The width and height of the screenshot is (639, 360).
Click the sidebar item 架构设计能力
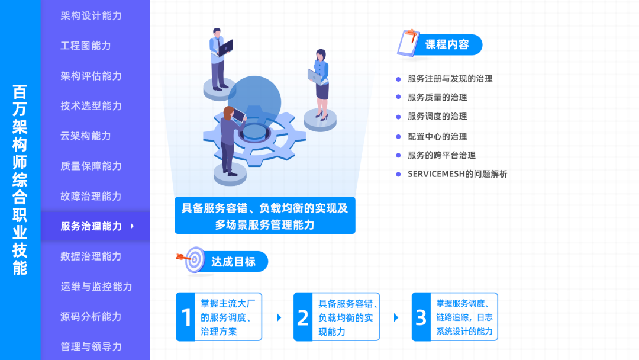91,15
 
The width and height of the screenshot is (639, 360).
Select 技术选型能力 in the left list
91,106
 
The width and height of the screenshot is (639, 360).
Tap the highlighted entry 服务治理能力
91,226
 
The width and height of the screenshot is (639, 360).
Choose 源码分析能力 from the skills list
91,317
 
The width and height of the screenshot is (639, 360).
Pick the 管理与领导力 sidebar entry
91,346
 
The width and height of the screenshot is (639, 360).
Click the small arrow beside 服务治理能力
133,226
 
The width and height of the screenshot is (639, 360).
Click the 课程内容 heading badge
447,44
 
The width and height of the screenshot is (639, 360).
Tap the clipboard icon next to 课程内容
408,43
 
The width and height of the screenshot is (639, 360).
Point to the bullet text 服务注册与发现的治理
450,79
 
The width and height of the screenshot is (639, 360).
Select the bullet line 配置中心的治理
437,136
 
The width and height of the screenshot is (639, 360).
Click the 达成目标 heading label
233,262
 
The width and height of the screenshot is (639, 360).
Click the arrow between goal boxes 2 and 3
396,317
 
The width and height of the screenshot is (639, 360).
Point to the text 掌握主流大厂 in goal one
227,304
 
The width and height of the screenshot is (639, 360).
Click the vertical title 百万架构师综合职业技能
20,180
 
